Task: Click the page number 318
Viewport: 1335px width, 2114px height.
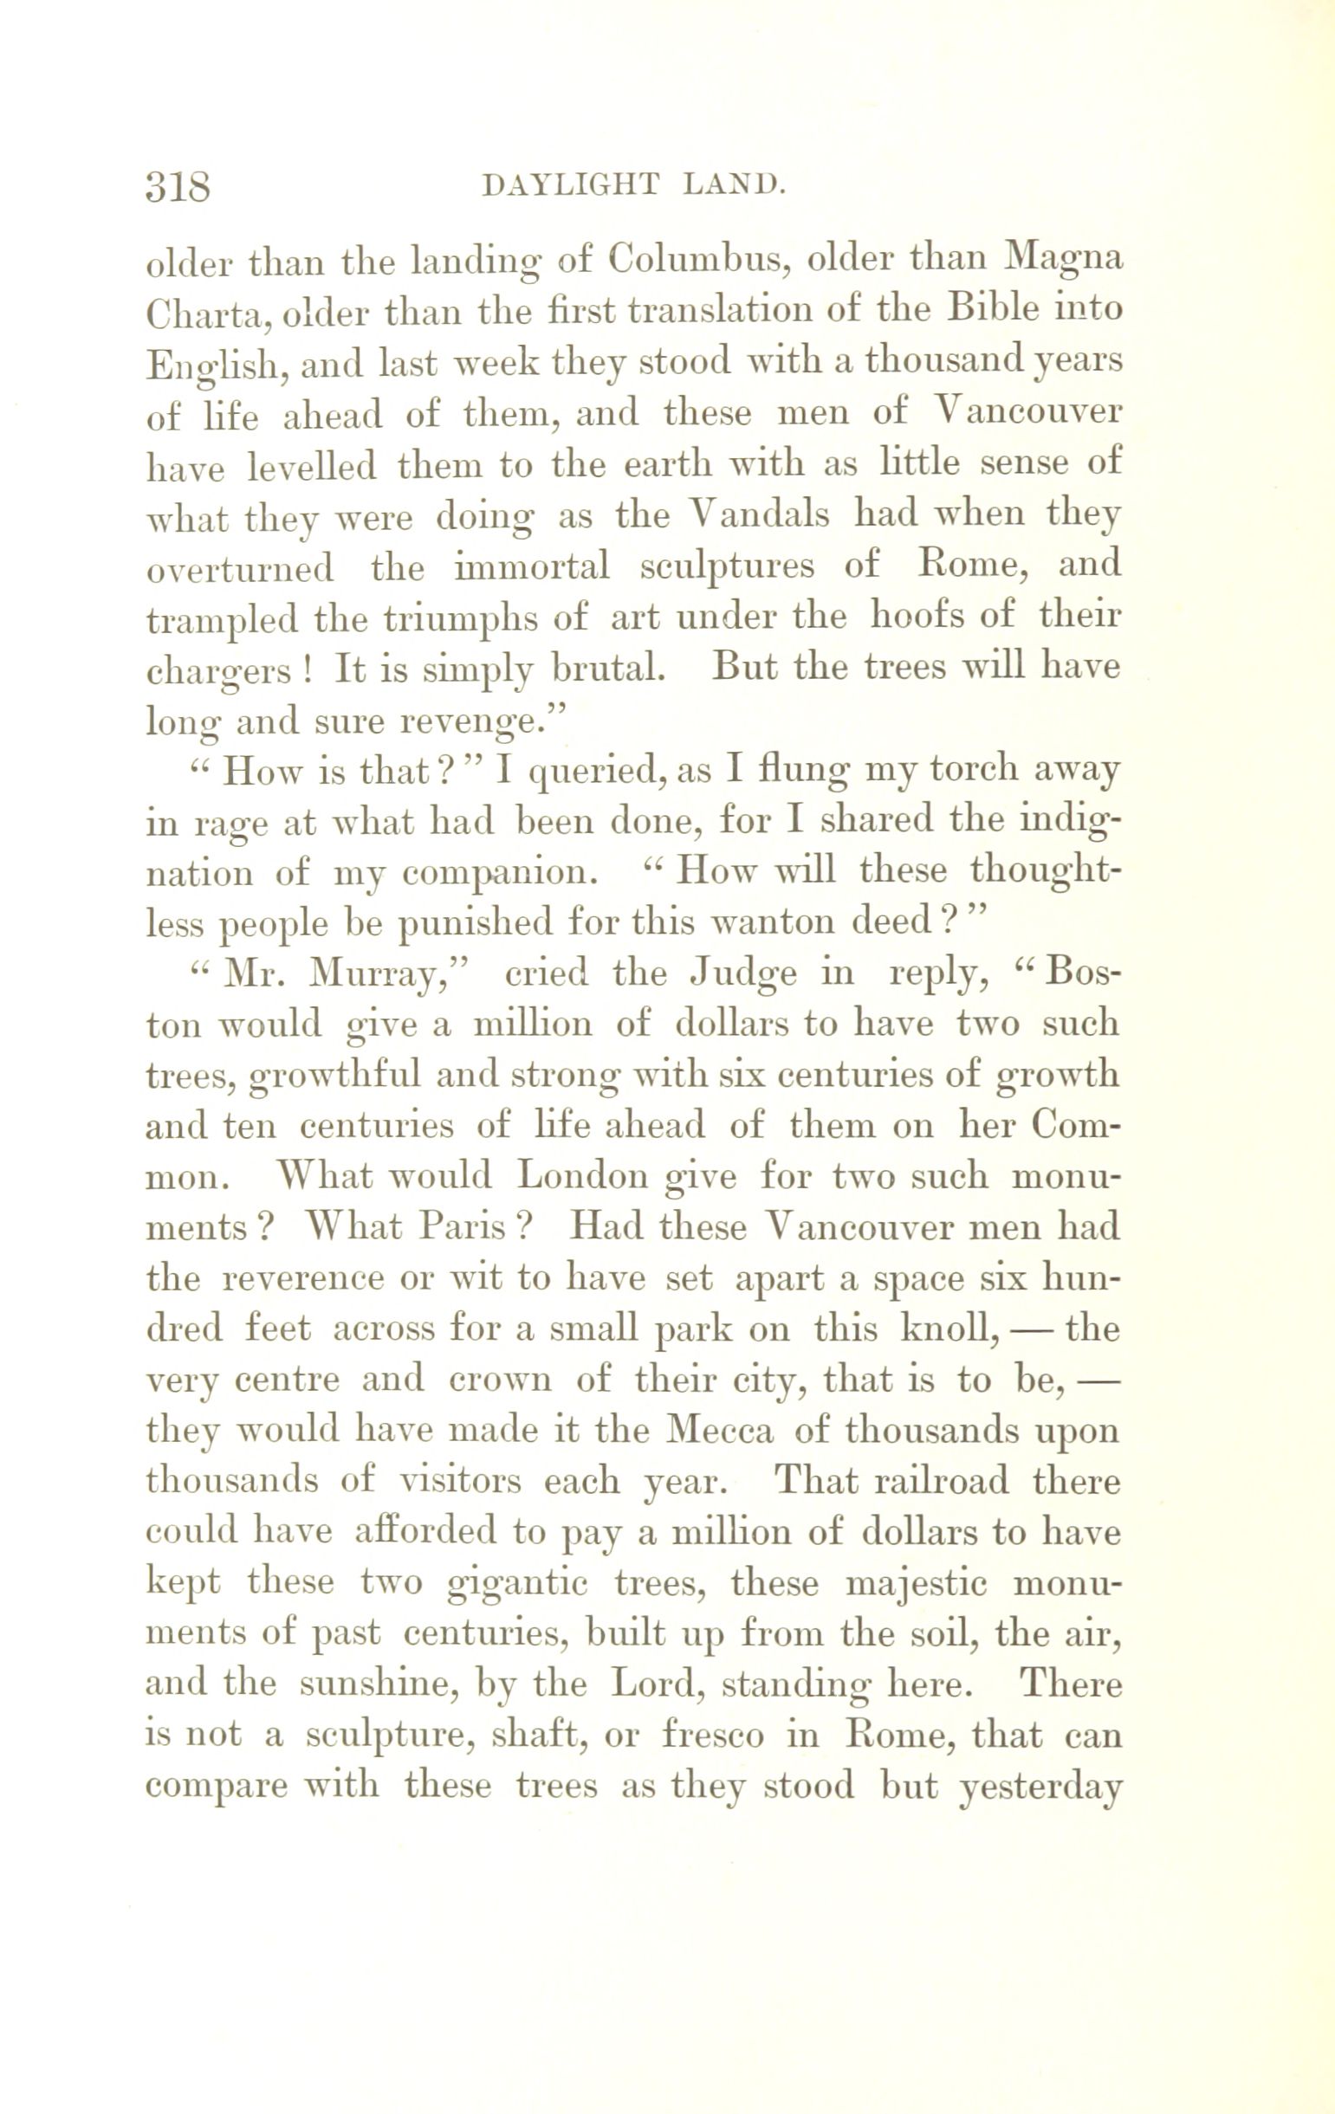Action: pos(178,186)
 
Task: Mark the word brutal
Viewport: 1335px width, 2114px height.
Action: pos(606,669)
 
